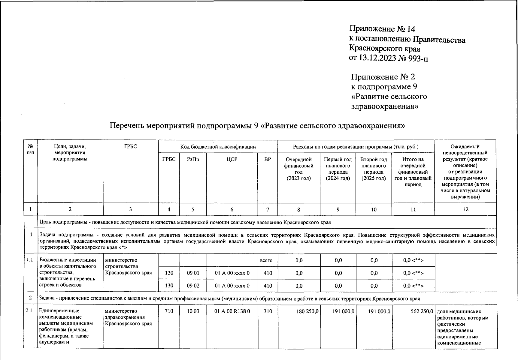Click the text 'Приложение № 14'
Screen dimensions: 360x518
point(382,29)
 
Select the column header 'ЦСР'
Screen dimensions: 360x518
point(232,159)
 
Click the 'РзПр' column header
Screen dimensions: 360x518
point(193,159)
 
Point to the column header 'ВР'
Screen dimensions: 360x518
point(267,159)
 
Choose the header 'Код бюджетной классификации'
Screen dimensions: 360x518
point(218,147)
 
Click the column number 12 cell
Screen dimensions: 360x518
point(465,209)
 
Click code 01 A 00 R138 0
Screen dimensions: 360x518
point(232,311)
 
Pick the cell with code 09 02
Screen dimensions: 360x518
point(193,286)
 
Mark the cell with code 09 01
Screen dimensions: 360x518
point(193,273)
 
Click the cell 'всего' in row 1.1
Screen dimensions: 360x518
point(266,260)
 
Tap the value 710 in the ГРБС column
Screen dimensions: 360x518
point(169,311)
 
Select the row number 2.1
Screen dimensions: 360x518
point(29,311)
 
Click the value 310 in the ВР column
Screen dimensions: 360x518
point(268,311)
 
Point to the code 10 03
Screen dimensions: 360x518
point(193,311)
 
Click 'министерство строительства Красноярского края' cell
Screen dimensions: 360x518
point(128,266)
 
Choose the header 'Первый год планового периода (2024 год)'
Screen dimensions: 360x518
point(338,169)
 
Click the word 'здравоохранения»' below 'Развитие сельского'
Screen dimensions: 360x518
point(385,106)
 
